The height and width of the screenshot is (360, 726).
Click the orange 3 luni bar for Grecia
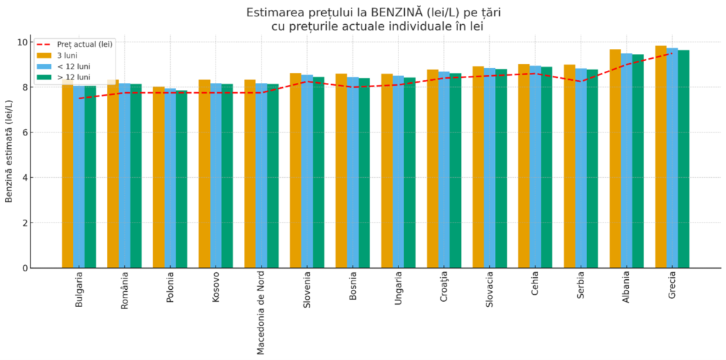coord(661,156)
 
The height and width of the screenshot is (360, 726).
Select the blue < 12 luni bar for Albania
coord(627,160)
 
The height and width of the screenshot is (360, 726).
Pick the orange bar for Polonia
coord(159,177)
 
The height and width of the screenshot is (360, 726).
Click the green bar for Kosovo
coord(227,176)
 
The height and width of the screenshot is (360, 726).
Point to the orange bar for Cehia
coord(524,166)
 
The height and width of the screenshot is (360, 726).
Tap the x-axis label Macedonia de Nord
coord(261,313)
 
